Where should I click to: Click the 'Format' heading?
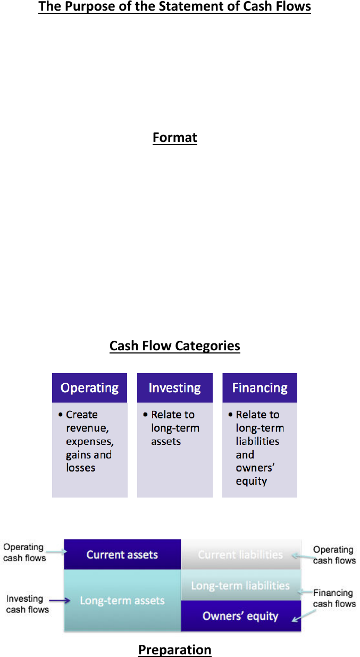(175, 138)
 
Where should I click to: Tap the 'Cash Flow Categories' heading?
(175, 346)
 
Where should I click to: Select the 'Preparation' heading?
(175, 650)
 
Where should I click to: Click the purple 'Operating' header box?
(89, 388)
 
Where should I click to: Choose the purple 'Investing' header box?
(175, 388)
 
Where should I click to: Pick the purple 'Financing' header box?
(259, 388)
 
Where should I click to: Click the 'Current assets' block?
(122, 554)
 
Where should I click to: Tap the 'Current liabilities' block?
(241, 554)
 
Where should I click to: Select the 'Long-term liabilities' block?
(241, 585)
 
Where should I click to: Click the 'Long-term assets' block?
(122, 601)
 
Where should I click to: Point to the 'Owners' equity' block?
(241, 616)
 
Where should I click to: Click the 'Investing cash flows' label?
(27, 604)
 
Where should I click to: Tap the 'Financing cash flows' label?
(334, 598)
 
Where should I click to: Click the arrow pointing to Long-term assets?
(60, 601)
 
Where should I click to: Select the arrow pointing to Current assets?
(56, 552)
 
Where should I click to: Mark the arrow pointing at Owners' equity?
(304, 616)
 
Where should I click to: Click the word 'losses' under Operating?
(80, 468)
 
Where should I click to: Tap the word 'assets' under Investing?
(166, 441)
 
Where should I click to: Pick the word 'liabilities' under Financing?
(257, 441)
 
